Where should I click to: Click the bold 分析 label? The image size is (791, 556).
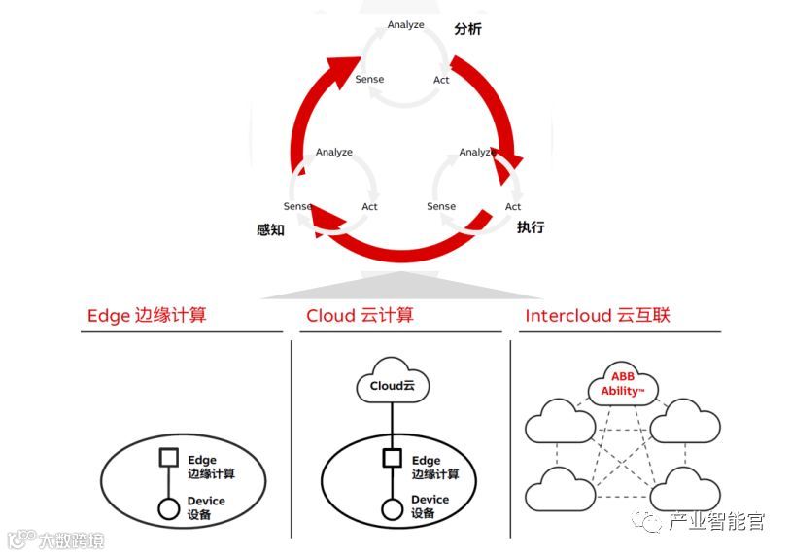467,29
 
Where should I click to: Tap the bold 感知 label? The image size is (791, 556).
270,230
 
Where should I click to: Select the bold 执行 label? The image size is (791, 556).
531,227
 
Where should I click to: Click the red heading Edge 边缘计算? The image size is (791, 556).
147,315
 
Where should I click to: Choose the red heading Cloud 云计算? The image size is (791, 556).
360,315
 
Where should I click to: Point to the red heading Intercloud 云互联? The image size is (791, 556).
598,315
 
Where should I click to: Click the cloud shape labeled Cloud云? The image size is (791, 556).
393,384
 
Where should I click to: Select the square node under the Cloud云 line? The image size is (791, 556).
393,459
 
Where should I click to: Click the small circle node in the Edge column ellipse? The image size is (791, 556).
168,507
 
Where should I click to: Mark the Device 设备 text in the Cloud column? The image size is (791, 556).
430,506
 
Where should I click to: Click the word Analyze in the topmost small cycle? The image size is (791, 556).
405,24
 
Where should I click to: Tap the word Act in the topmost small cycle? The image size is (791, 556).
441,80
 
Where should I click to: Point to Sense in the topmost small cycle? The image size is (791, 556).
369,79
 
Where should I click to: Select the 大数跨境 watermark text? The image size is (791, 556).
70,539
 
